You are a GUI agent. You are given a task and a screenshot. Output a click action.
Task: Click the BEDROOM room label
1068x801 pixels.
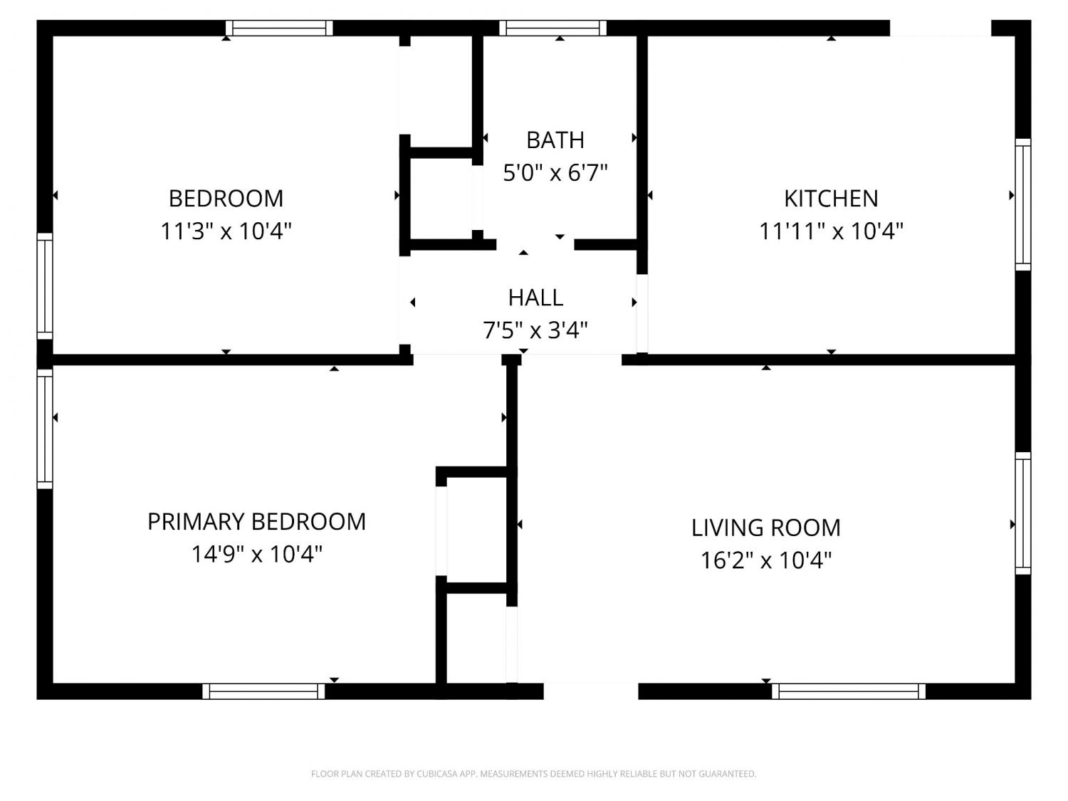pos(226,199)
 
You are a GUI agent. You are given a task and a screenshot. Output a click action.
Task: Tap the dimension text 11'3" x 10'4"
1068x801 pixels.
pos(226,231)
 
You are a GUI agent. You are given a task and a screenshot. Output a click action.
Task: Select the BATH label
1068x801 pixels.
pos(555,140)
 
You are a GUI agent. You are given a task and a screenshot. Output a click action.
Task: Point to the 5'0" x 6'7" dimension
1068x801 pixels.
pos(555,172)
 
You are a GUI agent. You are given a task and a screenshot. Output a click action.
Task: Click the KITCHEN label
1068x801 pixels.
pos(831,199)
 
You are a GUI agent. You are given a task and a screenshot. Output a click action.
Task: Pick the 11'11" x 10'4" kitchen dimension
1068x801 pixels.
pos(831,231)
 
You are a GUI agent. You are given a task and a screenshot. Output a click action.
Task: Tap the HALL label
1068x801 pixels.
pos(535,298)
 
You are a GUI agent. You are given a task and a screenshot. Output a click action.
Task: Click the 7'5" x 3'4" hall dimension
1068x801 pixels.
pos(535,330)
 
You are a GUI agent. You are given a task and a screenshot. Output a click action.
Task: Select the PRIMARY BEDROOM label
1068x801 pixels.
pos(256,522)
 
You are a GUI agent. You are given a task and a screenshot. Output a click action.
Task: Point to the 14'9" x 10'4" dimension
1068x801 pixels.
pos(256,554)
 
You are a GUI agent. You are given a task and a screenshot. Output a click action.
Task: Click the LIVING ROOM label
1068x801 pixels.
pos(766,528)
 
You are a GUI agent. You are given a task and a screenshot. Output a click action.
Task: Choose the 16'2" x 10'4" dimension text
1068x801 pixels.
pos(766,560)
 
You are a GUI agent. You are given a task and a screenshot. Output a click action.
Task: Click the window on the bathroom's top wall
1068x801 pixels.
pos(553,28)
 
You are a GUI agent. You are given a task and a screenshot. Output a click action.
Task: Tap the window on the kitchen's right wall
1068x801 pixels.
pos(1022,205)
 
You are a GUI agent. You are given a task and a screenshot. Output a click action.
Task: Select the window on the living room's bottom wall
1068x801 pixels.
pos(849,691)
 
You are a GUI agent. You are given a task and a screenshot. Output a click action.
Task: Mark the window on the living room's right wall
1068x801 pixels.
pos(1022,513)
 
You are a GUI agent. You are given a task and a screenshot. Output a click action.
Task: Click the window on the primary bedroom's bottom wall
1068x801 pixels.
pos(263,691)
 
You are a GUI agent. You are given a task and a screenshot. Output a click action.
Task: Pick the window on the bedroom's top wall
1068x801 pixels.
pos(279,28)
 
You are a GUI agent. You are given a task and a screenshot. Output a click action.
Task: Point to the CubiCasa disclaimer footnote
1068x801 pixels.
pos(534,774)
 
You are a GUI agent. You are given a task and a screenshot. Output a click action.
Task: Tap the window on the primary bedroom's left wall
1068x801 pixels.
pos(45,429)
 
